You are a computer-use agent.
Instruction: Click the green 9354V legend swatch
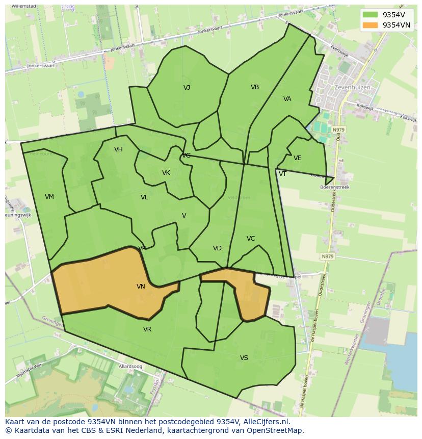point(371,15)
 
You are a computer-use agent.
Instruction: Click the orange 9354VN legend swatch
point(371,25)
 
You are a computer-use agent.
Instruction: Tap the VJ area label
point(187,88)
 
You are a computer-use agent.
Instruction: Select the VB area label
point(255,87)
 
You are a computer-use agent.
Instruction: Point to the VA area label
point(287,99)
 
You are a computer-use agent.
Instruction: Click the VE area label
point(298,158)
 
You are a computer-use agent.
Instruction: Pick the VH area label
point(118,149)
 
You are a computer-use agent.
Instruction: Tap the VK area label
point(166,173)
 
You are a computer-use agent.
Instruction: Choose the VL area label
point(144,197)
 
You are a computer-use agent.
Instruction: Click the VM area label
point(49,197)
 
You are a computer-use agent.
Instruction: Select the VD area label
point(217,248)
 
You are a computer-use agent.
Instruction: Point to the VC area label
point(251,239)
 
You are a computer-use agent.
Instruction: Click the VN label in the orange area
point(141,287)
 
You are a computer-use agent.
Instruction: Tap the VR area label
point(147,329)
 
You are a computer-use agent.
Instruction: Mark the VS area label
point(244,358)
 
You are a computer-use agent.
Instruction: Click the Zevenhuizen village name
point(352,87)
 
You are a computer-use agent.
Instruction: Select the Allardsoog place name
point(130,367)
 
